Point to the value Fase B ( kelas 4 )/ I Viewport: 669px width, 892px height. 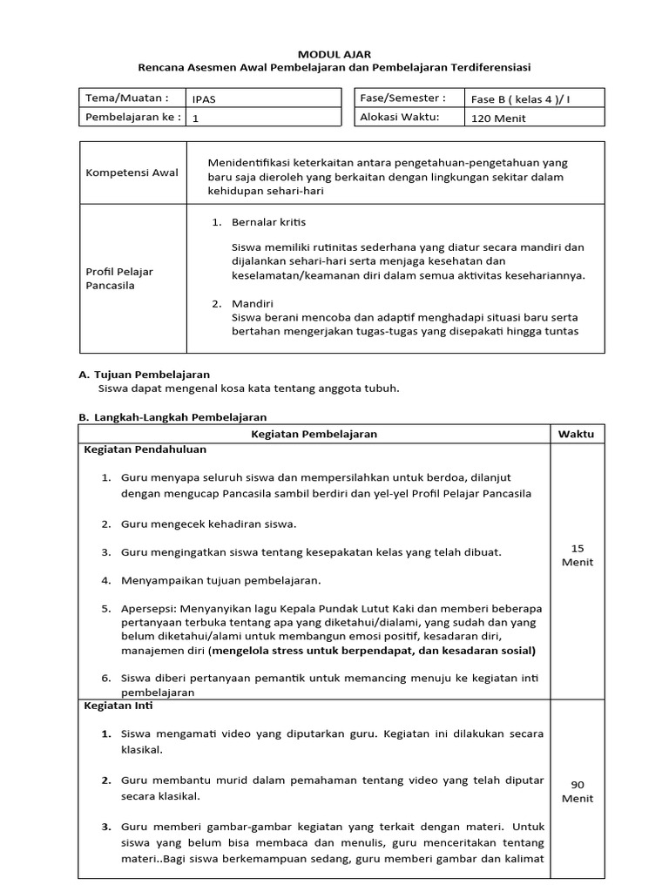point(521,99)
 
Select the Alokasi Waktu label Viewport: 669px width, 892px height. point(400,117)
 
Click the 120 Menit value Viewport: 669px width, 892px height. point(498,118)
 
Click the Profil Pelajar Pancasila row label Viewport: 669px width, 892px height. point(119,279)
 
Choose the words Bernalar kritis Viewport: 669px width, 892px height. point(268,222)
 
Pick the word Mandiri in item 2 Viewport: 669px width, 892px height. point(252,304)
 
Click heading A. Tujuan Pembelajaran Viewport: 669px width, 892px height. point(144,375)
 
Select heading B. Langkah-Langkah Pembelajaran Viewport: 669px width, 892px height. point(172,417)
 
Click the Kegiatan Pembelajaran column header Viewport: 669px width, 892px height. point(314,434)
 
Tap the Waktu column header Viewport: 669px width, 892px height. point(577,434)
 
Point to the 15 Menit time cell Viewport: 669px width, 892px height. point(577,555)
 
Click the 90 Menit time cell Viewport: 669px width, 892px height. point(577,791)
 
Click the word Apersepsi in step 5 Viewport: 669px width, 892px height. point(149,607)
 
